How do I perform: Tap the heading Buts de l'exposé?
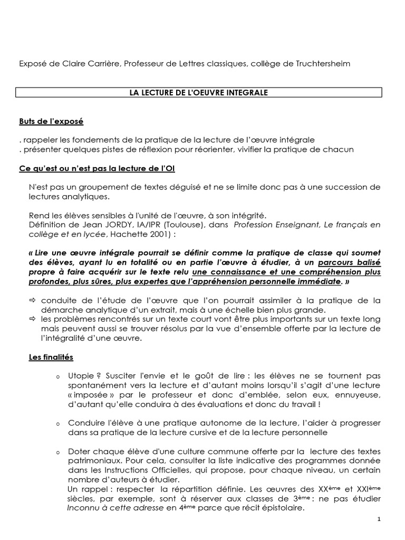pos(51,122)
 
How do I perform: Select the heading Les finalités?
pos(51,357)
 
